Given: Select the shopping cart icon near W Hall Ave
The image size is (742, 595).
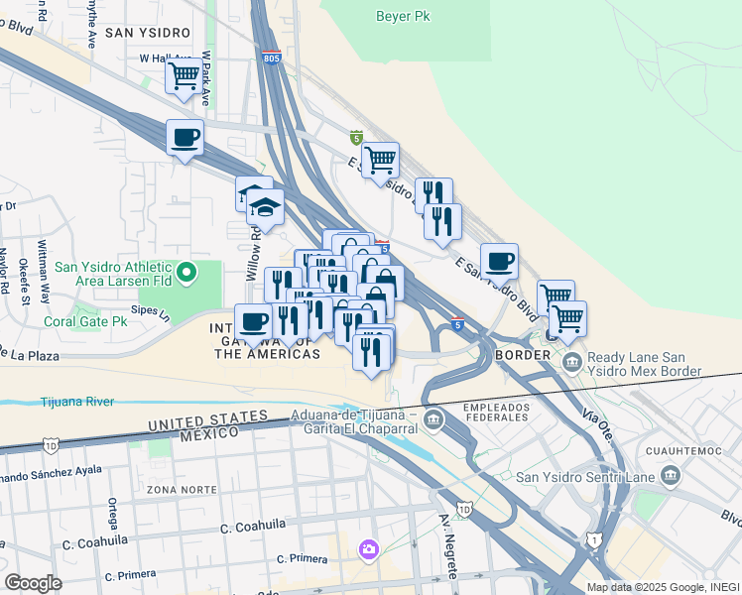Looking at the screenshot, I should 184,75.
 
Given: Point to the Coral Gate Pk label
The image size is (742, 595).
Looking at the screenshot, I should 85,321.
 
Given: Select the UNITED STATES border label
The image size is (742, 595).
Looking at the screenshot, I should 207,419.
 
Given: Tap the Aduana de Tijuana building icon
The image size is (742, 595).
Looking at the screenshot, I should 433,420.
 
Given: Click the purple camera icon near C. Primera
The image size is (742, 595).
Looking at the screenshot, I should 369,548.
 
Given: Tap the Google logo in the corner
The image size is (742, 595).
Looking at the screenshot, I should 32,583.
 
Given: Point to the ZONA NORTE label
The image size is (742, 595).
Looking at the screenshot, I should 179,490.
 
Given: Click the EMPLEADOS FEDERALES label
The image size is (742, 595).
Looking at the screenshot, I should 493,412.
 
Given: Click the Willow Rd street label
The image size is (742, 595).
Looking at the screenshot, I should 253,253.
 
